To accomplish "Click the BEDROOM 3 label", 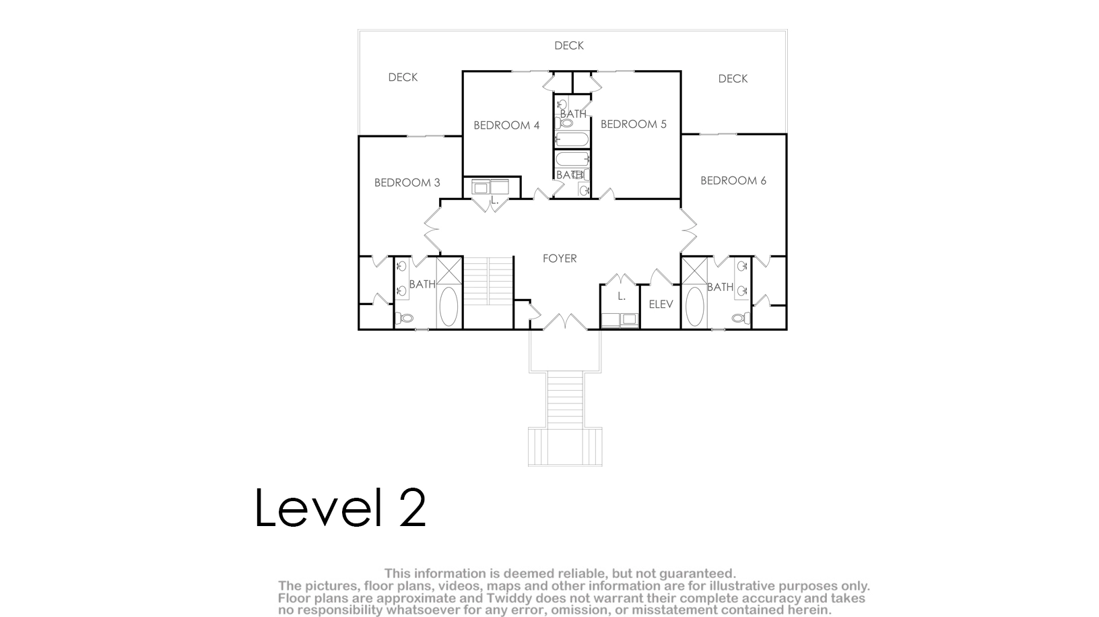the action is point(407,183).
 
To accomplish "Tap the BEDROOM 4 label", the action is point(506,125).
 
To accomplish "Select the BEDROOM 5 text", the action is point(634,124).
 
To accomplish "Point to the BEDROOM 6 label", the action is point(733,181).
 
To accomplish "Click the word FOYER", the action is point(560,258).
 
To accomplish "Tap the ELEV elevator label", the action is point(661,304).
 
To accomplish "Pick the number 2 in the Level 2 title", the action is point(412,507).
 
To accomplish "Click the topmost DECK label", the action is point(569,46).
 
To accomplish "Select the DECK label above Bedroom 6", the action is point(733,79).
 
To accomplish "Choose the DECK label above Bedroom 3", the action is point(403,77).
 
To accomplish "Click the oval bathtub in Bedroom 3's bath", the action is point(449,306).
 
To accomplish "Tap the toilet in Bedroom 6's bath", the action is point(740,318).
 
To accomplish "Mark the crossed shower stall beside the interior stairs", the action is point(449,270).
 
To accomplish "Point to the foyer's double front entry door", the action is point(565,322).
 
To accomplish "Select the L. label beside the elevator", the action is point(622,296).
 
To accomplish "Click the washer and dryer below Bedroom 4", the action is point(490,187).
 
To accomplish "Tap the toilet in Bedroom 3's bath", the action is point(405,318).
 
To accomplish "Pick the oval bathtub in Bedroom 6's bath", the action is point(695,306).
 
